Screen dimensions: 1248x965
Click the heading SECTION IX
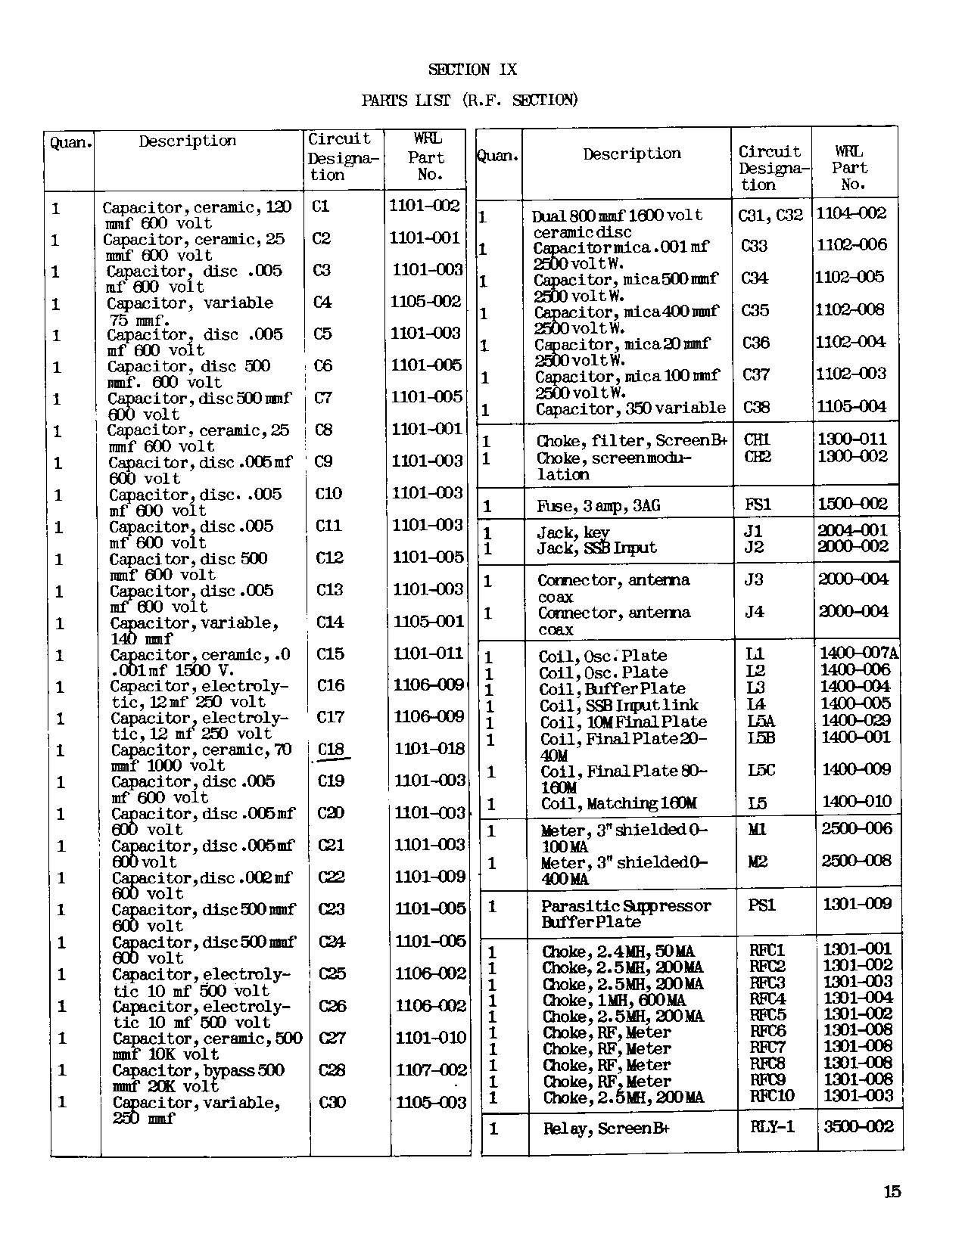(472, 70)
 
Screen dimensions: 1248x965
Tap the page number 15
(892, 1192)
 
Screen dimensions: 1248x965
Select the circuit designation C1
(321, 206)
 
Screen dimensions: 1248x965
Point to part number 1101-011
(428, 653)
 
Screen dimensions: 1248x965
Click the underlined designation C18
(331, 750)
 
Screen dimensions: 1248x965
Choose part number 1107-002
(431, 1069)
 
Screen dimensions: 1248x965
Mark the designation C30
(332, 1102)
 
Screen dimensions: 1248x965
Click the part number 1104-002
(851, 213)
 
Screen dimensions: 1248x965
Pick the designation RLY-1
(772, 1127)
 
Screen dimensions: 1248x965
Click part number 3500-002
(858, 1127)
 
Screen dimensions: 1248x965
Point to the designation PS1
(761, 905)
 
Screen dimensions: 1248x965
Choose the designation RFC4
(767, 999)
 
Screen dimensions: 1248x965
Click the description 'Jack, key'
(573, 532)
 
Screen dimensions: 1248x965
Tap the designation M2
(758, 861)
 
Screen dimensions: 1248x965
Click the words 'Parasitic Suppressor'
(626, 905)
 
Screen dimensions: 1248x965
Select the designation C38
(755, 408)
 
